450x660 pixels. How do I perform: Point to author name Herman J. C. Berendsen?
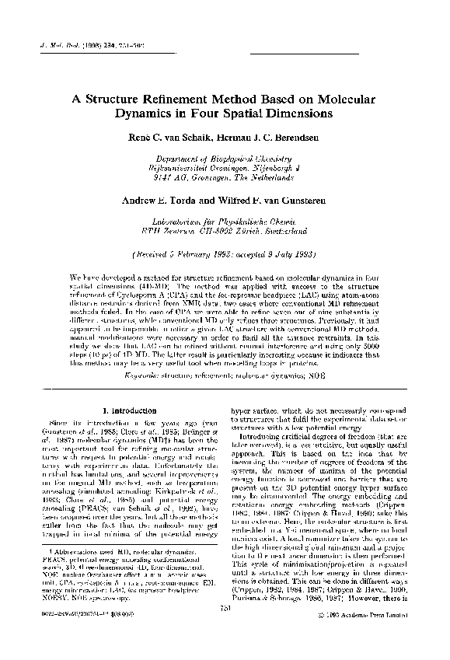(x=267, y=137)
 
